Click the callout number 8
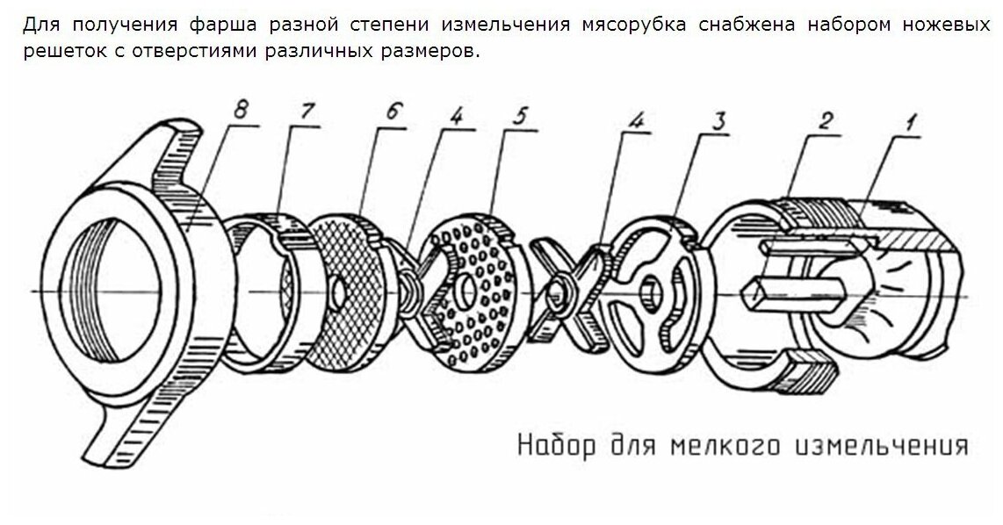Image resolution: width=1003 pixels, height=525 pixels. click(242, 111)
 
